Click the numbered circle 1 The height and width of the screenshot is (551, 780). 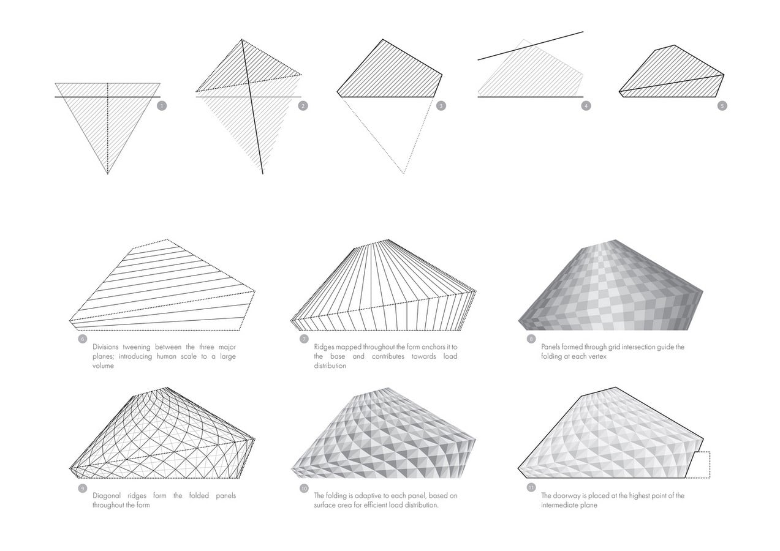pyautogui.click(x=162, y=106)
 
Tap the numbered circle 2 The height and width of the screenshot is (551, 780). pyautogui.click(x=303, y=106)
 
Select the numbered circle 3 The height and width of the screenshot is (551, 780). pyautogui.click(x=441, y=106)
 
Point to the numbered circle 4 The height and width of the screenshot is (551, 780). pyautogui.click(x=586, y=106)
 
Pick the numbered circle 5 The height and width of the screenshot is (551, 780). pyautogui.click(x=722, y=106)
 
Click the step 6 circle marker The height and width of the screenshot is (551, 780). pyautogui.click(x=83, y=339)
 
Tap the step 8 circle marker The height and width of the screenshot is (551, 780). pyautogui.click(x=531, y=339)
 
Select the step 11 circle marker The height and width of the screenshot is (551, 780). pyautogui.click(x=531, y=487)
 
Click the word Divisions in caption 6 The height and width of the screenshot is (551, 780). pyautogui.click(x=105, y=347)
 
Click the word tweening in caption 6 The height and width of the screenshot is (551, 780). pyautogui.click(x=137, y=347)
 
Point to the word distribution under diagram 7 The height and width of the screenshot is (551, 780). pyautogui.click(x=330, y=365)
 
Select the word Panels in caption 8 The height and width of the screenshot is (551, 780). pyautogui.click(x=550, y=347)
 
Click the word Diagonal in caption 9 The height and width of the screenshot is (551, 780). pyautogui.click(x=107, y=496)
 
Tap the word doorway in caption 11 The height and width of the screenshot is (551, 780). pyautogui.click(x=567, y=496)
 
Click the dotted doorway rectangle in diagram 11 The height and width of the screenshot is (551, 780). pyautogui.click(x=710, y=465)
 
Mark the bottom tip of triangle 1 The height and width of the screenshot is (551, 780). pyautogui.click(x=108, y=174)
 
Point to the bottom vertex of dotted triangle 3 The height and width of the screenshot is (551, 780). pyautogui.click(x=404, y=173)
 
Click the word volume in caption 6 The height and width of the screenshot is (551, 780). pyautogui.click(x=103, y=365)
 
